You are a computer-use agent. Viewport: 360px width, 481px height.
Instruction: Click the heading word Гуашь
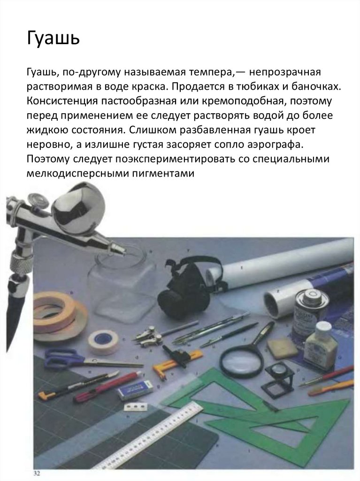(54, 39)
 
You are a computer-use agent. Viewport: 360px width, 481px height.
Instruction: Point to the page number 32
(37, 473)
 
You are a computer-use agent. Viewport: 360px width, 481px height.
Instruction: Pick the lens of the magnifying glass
(241, 359)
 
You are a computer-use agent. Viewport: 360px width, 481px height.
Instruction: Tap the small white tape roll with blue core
(104, 342)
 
